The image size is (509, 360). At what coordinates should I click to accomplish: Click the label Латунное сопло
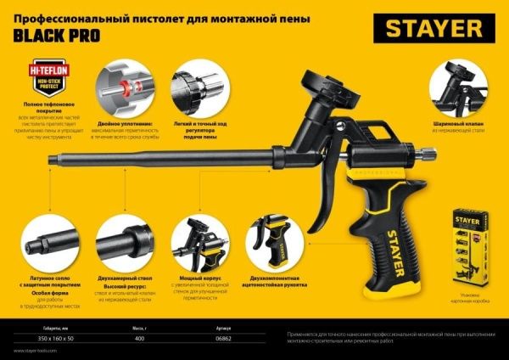tap(48, 277)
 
